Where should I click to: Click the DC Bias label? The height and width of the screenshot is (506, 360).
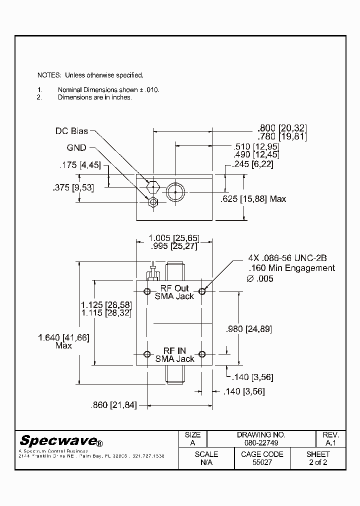pos(71,131)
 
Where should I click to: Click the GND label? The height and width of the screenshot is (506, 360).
pos(76,147)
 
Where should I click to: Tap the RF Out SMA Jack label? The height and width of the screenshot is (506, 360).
pos(174,292)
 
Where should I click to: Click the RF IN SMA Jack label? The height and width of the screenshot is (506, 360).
pos(174,355)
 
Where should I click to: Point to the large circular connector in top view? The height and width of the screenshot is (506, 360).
pos(175,191)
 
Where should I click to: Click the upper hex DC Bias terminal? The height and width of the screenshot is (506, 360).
pos(153,186)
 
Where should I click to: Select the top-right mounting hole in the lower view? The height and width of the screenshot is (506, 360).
pos(202,291)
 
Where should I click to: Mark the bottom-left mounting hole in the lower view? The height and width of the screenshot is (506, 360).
pos(147,354)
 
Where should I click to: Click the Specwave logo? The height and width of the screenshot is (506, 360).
pos(61,441)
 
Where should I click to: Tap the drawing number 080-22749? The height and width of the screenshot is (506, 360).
pos(261,443)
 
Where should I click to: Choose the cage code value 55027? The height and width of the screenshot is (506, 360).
pos(261,462)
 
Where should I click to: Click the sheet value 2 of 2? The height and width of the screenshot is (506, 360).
pos(318,462)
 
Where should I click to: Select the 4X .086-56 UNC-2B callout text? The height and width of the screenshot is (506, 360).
pos(287,258)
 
